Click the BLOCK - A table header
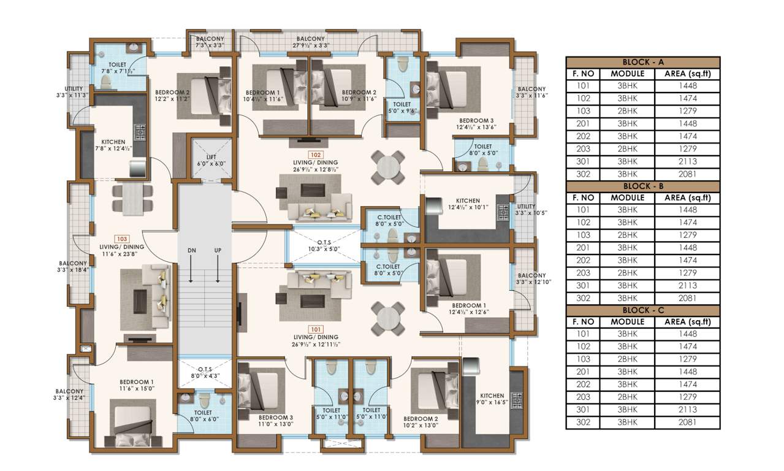click(x=642, y=62)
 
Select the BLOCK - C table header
click(x=642, y=310)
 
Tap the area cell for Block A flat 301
click(x=687, y=161)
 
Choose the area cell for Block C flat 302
click(x=687, y=423)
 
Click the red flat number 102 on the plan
click(x=315, y=155)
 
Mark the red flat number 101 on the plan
click(x=315, y=329)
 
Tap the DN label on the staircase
click(x=191, y=251)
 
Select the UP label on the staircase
click(x=218, y=251)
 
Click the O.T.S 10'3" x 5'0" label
click(x=322, y=245)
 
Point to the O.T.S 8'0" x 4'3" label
click(x=204, y=372)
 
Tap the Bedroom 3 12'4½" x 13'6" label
click(x=476, y=124)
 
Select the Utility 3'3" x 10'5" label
click(x=527, y=210)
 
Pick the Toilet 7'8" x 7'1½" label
click(x=117, y=67)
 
